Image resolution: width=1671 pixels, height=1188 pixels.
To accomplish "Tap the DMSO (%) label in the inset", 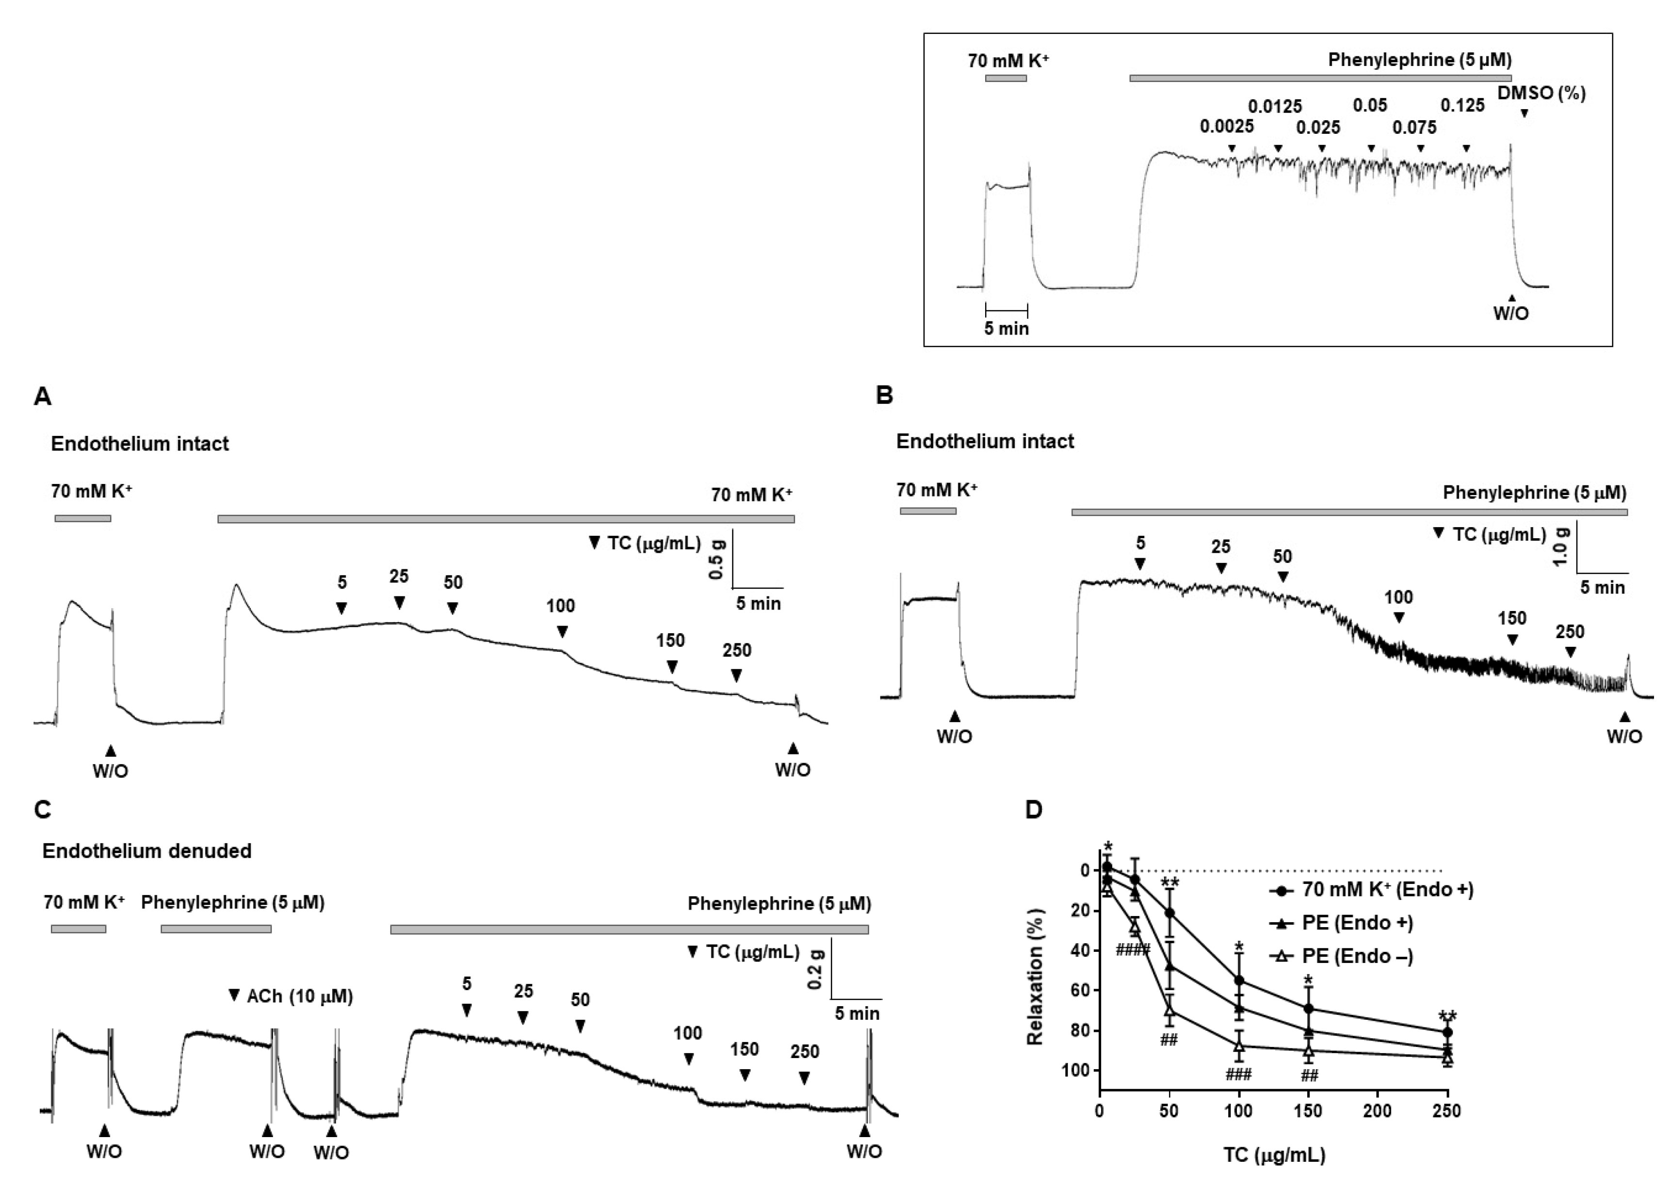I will [x=1541, y=94].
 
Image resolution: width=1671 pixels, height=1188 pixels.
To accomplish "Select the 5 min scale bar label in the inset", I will [x=1006, y=328].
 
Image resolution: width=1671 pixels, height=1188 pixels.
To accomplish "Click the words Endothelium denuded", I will [x=146, y=851].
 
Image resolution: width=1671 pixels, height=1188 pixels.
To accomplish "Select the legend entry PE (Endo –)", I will [x=1357, y=956].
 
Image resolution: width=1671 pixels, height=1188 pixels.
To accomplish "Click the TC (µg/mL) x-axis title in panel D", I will [x=1274, y=1155].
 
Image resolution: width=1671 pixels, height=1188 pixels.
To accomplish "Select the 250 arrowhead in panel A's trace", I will [x=737, y=673].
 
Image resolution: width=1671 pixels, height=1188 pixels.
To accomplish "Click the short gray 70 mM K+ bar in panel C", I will [x=78, y=929].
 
